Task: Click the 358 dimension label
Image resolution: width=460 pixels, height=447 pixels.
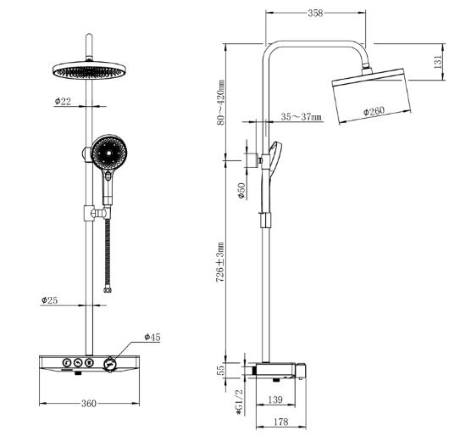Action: pos(315,13)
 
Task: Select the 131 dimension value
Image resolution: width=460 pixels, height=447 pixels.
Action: pos(437,62)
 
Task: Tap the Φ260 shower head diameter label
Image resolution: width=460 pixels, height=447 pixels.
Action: pos(374,111)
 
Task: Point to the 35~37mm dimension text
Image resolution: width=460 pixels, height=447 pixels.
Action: pos(301,116)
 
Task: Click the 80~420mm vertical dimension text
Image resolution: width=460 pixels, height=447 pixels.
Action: pos(220,103)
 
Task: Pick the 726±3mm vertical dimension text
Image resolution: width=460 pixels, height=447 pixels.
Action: pos(220,262)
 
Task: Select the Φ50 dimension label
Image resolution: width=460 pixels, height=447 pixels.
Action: pos(241,191)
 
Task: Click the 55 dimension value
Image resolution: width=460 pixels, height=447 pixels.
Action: pos(222,369)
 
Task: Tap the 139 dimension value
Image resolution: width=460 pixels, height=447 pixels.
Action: pos(275,400)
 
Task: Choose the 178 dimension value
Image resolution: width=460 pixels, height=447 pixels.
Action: pos(281,422)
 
